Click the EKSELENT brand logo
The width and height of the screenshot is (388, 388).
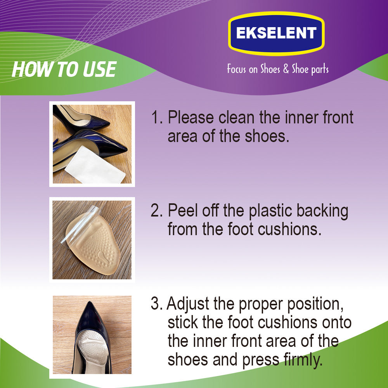[276, 33]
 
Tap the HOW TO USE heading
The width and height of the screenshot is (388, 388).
[64, 69]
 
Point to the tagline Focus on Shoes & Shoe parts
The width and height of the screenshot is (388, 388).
[278, 69]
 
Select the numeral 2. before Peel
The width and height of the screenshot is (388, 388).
[157, 211]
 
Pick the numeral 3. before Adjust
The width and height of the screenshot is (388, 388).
[157, 304]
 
